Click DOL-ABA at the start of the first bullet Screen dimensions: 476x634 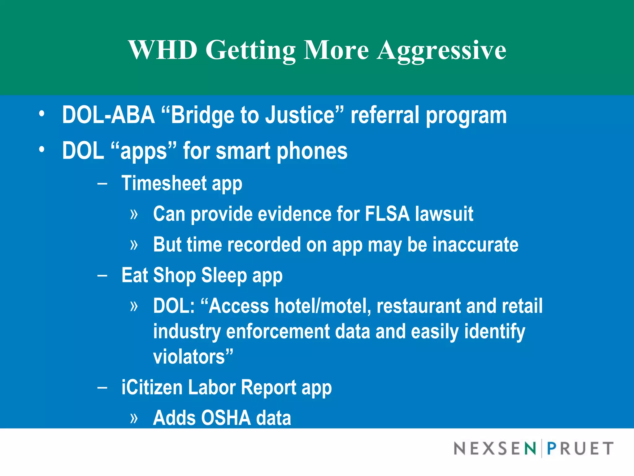108,115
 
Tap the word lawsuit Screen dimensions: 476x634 444,214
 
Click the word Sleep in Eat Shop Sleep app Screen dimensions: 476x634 224,275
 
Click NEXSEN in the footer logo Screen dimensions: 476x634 495,448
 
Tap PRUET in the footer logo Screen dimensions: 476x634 580,448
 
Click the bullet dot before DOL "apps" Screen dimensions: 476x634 42,150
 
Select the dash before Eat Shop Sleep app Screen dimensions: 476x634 102,275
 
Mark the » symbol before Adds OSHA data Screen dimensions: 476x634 134,418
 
